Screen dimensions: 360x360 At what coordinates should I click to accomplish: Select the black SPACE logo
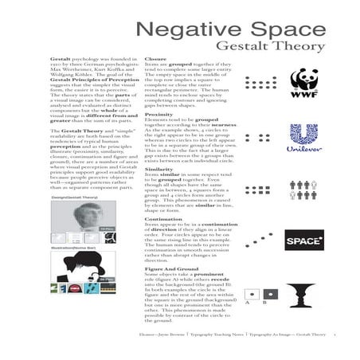click(303, 240)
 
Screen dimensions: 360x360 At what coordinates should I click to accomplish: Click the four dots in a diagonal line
click(256, 240)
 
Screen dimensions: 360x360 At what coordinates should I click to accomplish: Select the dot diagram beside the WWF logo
click(256, 82)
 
